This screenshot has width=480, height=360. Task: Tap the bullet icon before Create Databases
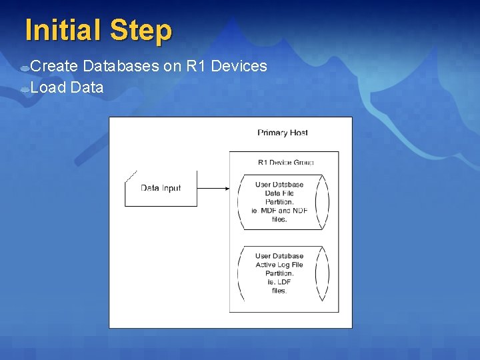click(x=24, y=67)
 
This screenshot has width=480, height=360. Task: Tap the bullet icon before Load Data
click(x=24, y=89)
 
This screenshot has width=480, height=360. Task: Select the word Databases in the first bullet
click(x=121, y=66)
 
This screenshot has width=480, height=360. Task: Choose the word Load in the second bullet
click(x=47, y=87)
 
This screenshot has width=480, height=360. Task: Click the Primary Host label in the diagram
click(x=283, y=133)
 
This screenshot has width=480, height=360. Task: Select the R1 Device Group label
click(x=285, y=162)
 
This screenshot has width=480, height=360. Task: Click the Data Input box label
click(x=161, y=188)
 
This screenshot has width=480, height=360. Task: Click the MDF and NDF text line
click(x=280, y=211)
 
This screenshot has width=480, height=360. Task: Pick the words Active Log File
click(x=279, y=265)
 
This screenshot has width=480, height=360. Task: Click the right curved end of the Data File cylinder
click(x=324, y=201)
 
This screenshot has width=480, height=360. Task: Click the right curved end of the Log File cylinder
click(x=324, y=273)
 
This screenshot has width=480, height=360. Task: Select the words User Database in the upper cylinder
click(x=279, y=185)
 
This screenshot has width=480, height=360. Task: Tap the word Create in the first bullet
click(x=55, y=66)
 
